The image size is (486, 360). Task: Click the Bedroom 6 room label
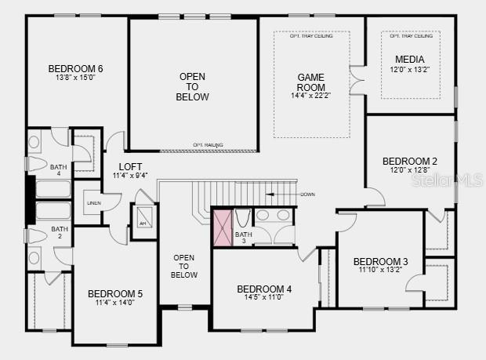click(x=76, y=68)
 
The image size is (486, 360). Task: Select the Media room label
click(x=410, y=60)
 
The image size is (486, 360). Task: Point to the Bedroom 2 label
click(x=410, y=161)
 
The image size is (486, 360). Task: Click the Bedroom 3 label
click(x=380, y=261)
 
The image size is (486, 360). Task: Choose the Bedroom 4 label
click(x=264, y=289)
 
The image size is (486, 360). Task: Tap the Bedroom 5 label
click(x=115, y=294)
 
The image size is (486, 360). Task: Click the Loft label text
click(x=130, y=166)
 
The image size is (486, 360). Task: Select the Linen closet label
click(x=93, y=202)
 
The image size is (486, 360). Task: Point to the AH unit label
click(x=143, y=224)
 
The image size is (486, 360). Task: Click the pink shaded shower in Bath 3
click(x=223, y=227)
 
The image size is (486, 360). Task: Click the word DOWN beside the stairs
click(x=307, y=194)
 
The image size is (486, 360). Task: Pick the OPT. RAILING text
click(x=209, y=145)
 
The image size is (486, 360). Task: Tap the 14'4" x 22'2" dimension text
click(x=311, y=96)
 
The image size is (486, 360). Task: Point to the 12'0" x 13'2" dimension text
click(x=410, y=70)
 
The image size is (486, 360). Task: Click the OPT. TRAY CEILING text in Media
click(x=412, y=36)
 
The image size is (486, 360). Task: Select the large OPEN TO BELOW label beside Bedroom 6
click(x=194, y=86)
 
